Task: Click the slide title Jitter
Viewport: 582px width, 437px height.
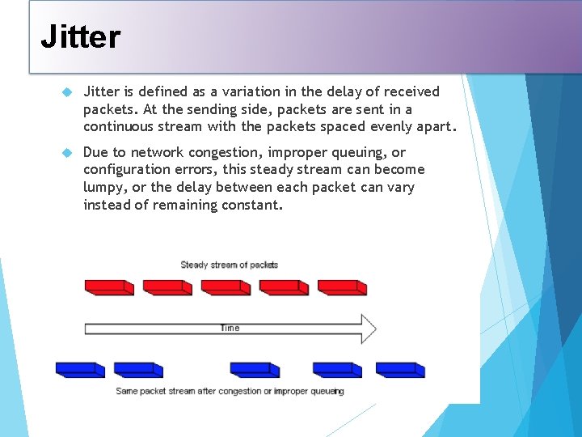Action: point(80,36)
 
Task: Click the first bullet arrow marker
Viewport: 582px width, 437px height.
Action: point(67,92)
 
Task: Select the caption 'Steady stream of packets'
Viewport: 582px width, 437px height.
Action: point(229,265)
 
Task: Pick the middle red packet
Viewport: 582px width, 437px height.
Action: point(226,287)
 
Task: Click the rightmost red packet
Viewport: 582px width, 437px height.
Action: point(342,287)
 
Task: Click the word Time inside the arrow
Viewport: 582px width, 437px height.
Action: point(230,328)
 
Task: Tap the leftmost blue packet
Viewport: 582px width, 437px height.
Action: point(80,370)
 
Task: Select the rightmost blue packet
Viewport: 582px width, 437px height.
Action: point(400,370)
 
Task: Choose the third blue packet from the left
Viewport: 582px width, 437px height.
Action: point(255,370)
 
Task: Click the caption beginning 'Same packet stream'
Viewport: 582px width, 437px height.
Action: point(230,391)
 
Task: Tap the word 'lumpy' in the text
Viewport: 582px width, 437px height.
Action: point(103,188)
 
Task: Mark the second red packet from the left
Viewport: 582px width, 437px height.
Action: point(167,287)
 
